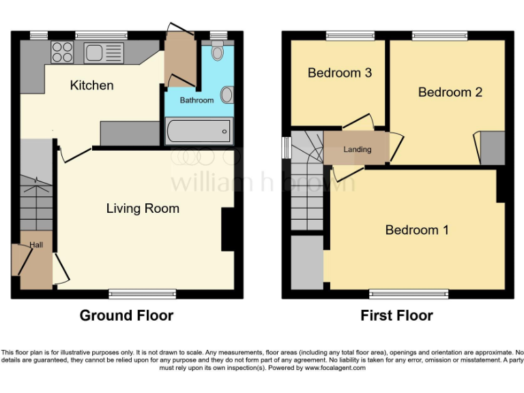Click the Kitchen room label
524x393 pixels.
tap(91, 85)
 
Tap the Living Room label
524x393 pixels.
tap(143, 208)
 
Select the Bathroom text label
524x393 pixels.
tap(196, 100)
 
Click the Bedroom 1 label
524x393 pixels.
tap(417, 230)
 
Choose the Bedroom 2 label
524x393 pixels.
tap(450, 92)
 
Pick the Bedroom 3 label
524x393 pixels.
tap(339, 72)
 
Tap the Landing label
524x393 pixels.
tap(357, 149)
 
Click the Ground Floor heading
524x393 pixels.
tap(126, 315)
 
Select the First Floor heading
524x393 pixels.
tap(396, 315)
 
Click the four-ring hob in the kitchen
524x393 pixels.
tap(62, 53)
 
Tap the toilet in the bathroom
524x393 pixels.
tap(218, 50)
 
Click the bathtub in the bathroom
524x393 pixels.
tap(199, 130)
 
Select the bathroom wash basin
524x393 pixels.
tap(227, 94)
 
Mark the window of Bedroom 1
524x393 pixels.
tap(409, 294)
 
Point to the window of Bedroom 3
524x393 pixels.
tap(350, 35)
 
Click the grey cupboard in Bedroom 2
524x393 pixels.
tap(492, 148)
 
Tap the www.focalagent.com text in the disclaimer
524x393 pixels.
tap(334, 368)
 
